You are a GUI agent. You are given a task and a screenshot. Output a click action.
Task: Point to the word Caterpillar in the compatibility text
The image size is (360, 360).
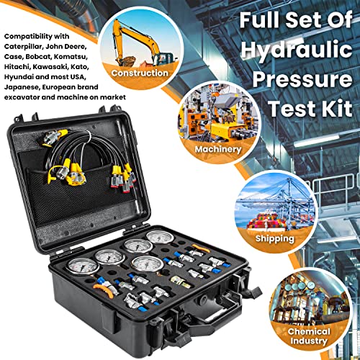(x=21, y=45)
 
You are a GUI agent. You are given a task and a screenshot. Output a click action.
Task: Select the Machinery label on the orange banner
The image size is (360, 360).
(x=217, y=149)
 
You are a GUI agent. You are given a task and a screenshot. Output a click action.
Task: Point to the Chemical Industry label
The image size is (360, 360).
(x=310, y=336)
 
